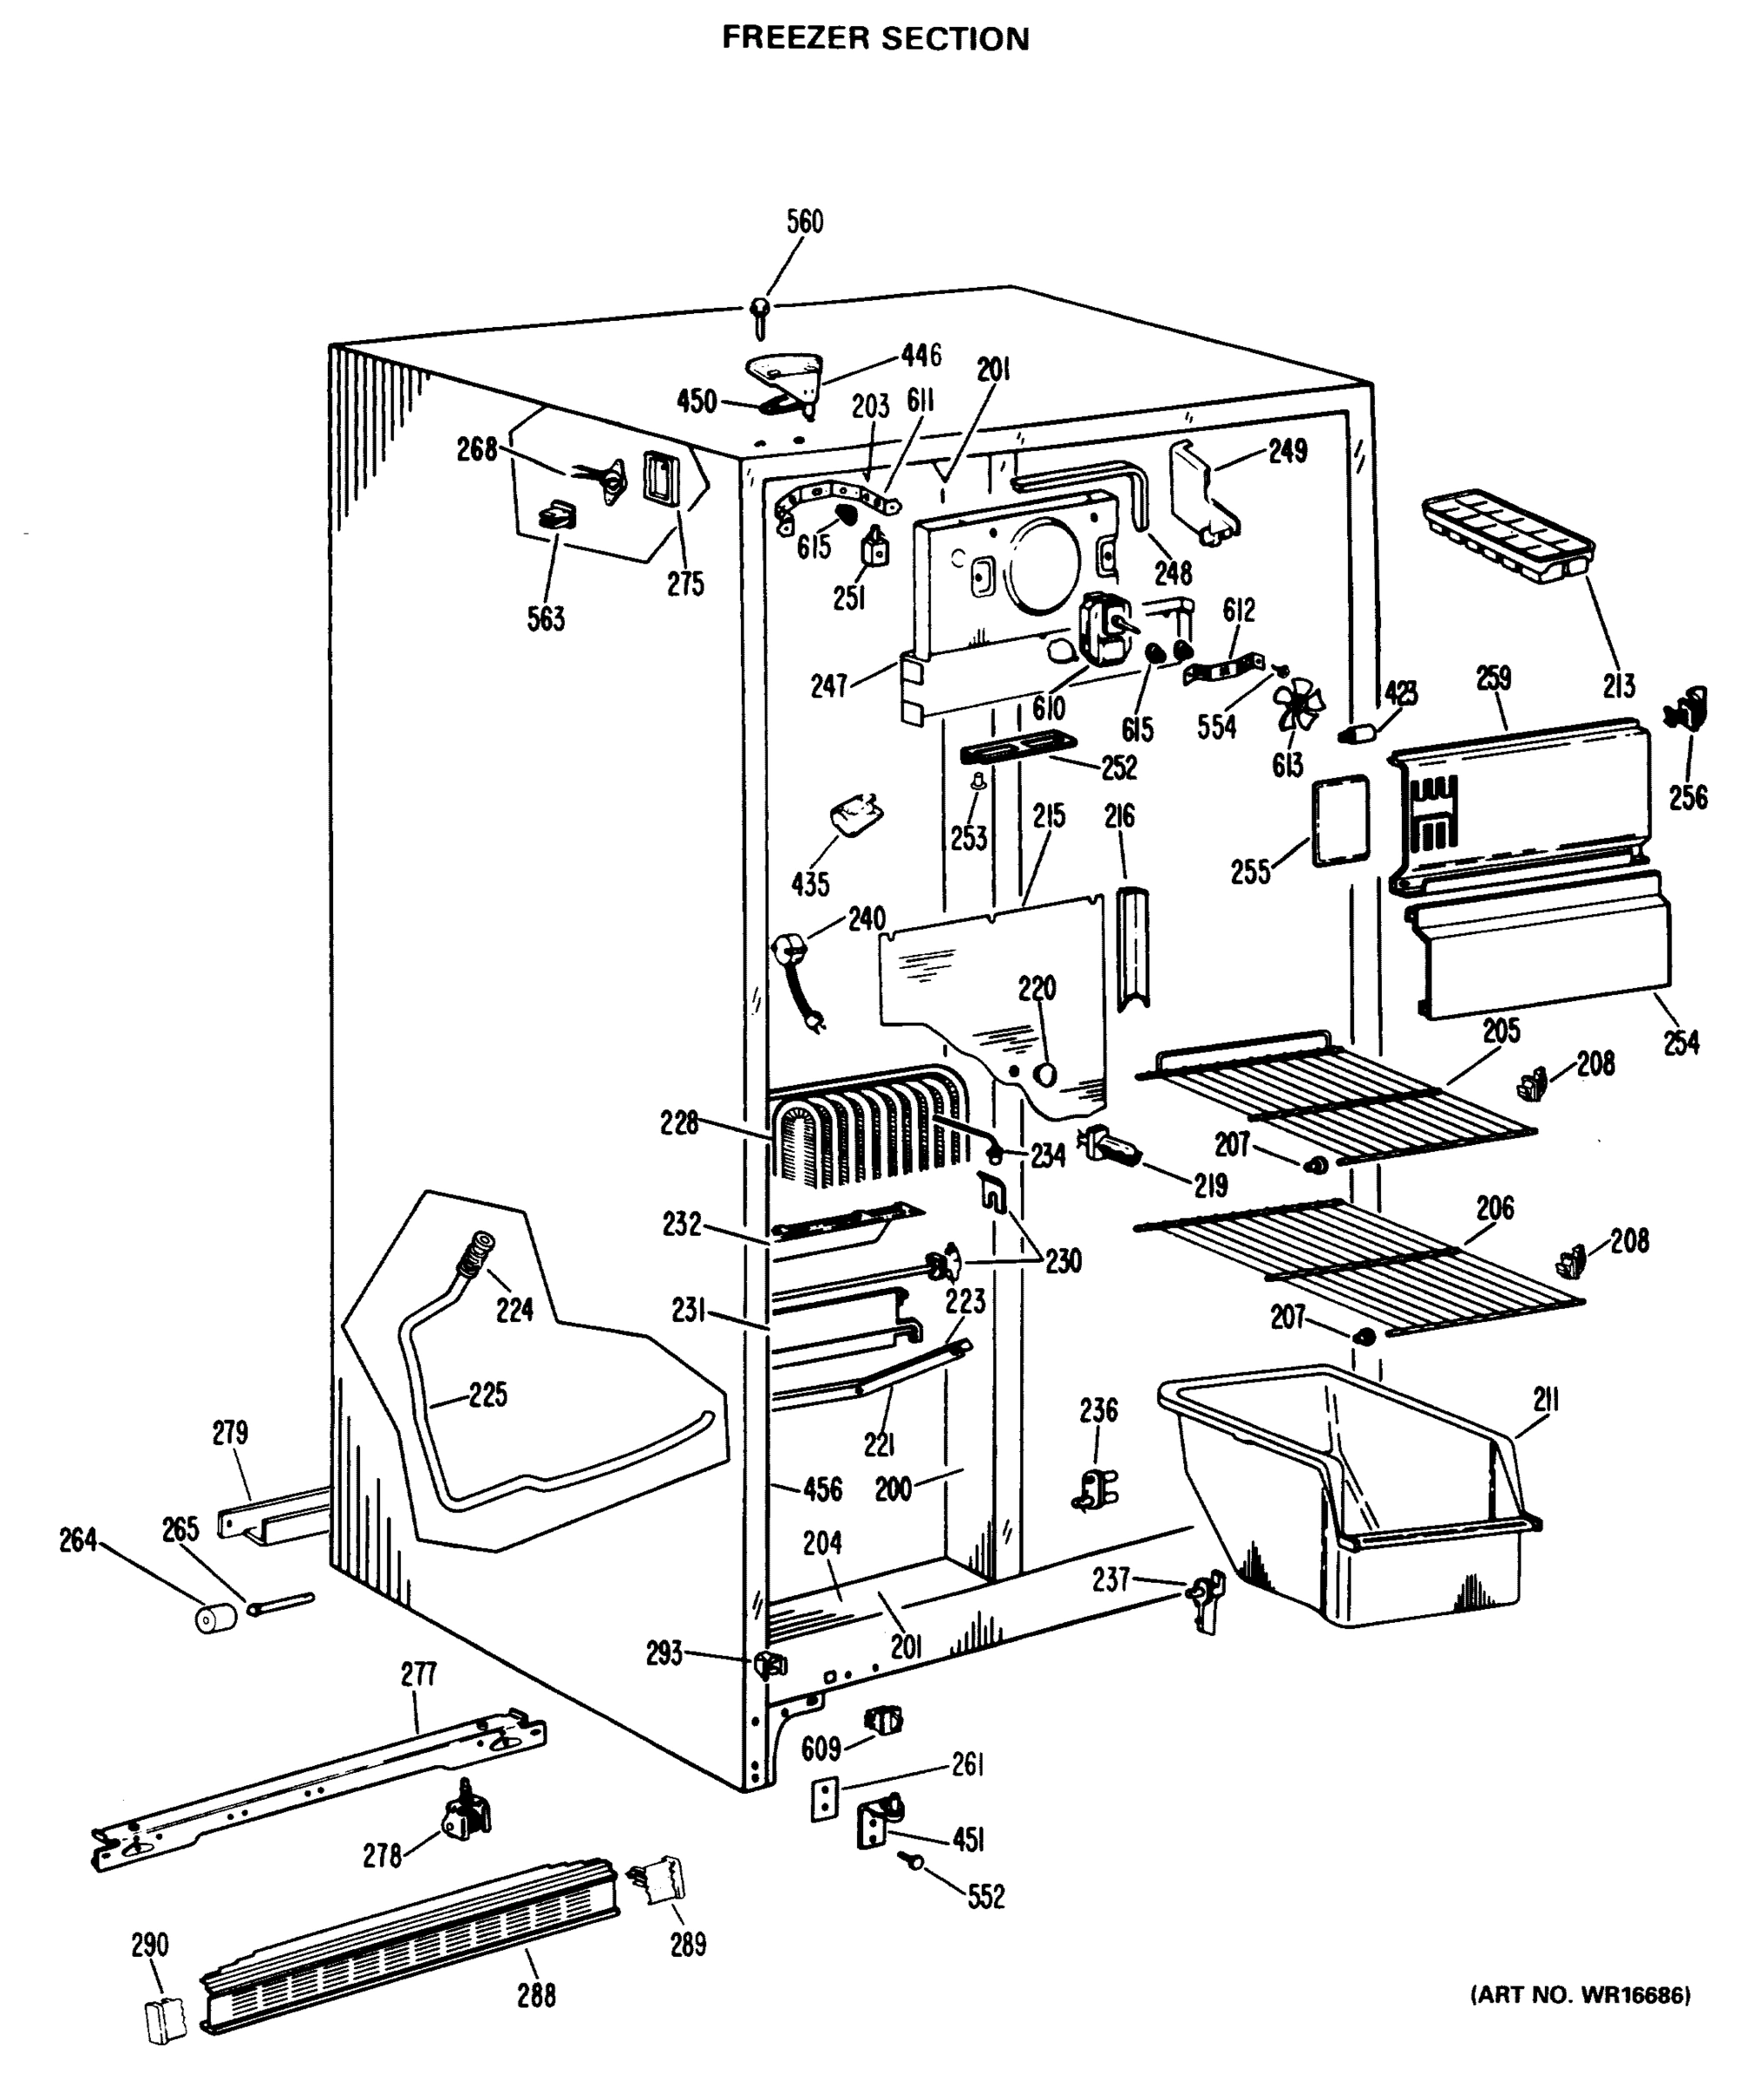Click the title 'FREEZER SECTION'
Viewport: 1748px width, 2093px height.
(x=875, y=39)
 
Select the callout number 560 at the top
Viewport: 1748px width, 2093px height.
(x=804, y=222)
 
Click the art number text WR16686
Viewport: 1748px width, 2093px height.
(x=1581, y=1995)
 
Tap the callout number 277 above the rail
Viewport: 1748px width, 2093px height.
(x=418, y=1674)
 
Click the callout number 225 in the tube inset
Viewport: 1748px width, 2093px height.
(x=487, y=1394)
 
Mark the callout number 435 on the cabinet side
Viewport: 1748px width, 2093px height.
(x=810, y=884)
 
